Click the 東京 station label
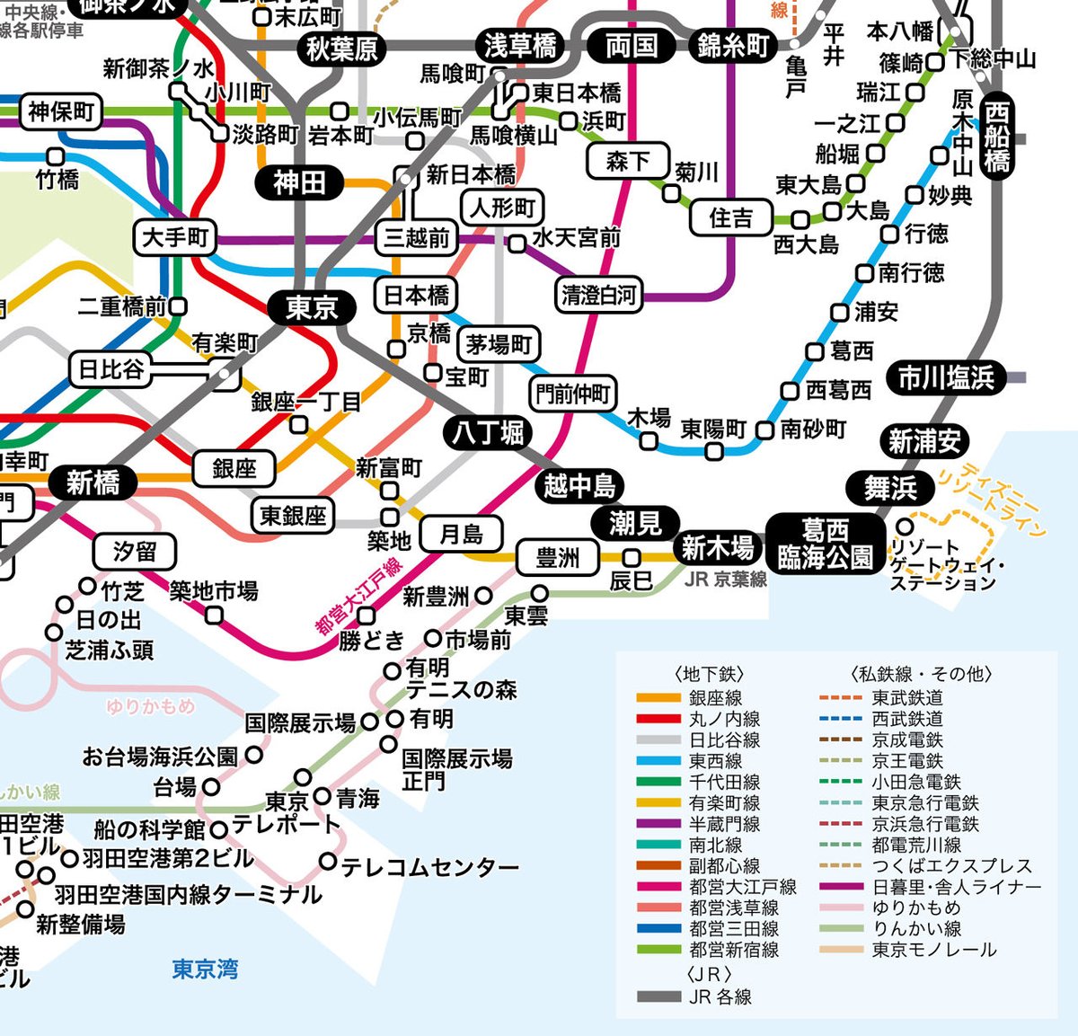pyautogui.click(x=311, y=308)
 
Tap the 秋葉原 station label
pyautogui.click(x=342, y=49)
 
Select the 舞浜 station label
pyautogui.click(x=890, y=488)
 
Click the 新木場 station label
pyautogui.click(x=717, y=546)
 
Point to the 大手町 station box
pyautogui.click(x=175, y=238)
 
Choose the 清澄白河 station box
pyautogui.click(x=598, y=295)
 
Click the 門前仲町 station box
pyautogui.click(x=572, y=393)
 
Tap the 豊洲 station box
pyautogui.click(x=557, y=558)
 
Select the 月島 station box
pyautogui.click(x=461, y=535)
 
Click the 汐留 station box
pyautogui.click(x=135, y=551)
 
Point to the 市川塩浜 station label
pyautogui.click(x=946, y=378)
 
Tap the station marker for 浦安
pyautogui.click(x=839, y=312)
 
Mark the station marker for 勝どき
pyautogui.click(x=367, y=615)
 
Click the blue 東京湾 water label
pyautogui.click(x=205, y=970)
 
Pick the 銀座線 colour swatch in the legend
pyautogui.click(x=658, y=698)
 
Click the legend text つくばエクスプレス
pyautogui.click(x=952, y=866)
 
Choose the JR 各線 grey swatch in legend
pyautogui.click(x=658, y=996)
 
